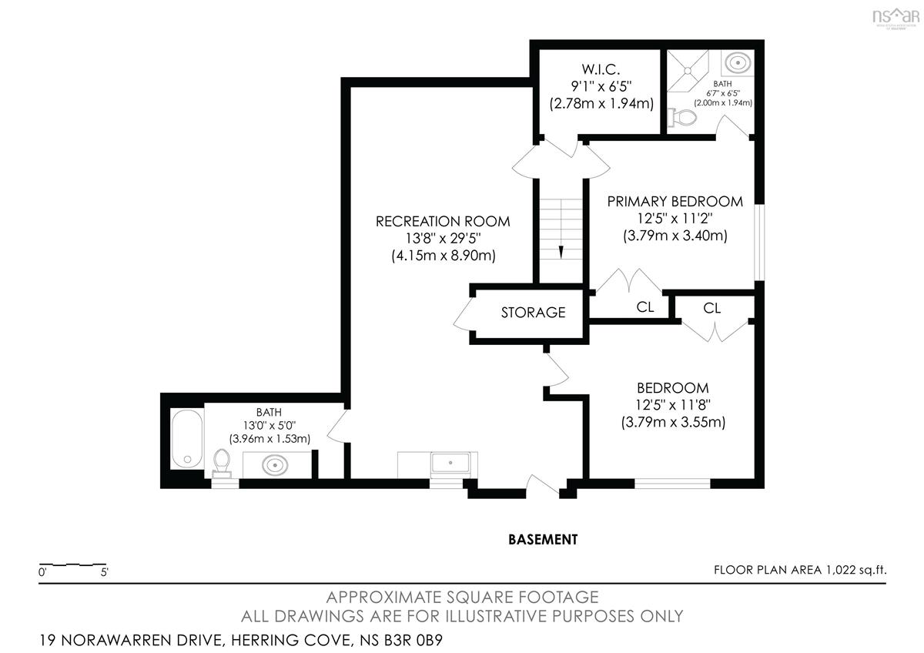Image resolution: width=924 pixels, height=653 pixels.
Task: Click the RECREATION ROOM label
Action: [x=443, y=222]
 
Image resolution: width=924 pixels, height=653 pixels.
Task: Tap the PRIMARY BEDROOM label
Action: [x=675, y=202]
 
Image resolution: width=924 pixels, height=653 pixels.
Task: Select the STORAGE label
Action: [x=533, y=313]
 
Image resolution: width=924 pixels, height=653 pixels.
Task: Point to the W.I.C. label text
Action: [x=601, y=69]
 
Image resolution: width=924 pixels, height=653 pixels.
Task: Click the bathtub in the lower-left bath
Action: [x=187, y=438]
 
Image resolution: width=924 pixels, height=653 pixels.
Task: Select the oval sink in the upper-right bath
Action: [x=738, y=63]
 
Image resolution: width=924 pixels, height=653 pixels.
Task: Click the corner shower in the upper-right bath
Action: [x=688, y=71]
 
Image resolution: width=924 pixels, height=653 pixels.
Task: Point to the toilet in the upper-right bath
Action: [x=682, y=118]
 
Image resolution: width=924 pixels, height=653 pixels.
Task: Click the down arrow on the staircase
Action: [x=561, y=252]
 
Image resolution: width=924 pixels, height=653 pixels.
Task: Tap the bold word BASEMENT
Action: [x=543, y=540]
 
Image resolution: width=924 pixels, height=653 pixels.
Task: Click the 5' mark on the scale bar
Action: [x=105, y=573]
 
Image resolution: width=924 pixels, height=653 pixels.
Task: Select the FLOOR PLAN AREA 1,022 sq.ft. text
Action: [x=800, y=570]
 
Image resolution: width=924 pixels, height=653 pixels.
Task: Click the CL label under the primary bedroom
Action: [x=645, y=307]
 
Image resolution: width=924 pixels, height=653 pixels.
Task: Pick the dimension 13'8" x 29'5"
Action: [x=443, y=239]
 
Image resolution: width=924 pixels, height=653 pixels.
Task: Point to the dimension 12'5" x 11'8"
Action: [x=673, y=405]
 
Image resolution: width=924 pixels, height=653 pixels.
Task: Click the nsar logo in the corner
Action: [x=896, y=17]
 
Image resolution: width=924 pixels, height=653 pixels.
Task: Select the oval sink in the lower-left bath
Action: [x=275, y=466]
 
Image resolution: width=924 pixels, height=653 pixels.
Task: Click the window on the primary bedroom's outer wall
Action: [x=759, y=243]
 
